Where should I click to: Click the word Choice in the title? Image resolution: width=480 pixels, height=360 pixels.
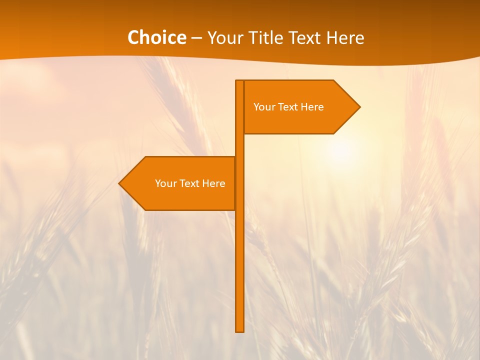coord(156,37)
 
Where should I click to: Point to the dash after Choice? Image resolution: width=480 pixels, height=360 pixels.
coord(196,38)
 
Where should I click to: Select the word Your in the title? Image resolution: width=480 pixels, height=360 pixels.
coord(224,38)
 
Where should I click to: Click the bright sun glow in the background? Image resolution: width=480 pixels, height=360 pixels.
coord(341,149)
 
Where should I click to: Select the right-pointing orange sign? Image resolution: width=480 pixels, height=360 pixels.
coord(300,120)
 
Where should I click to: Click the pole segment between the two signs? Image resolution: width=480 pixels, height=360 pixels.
coord(239,145)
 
